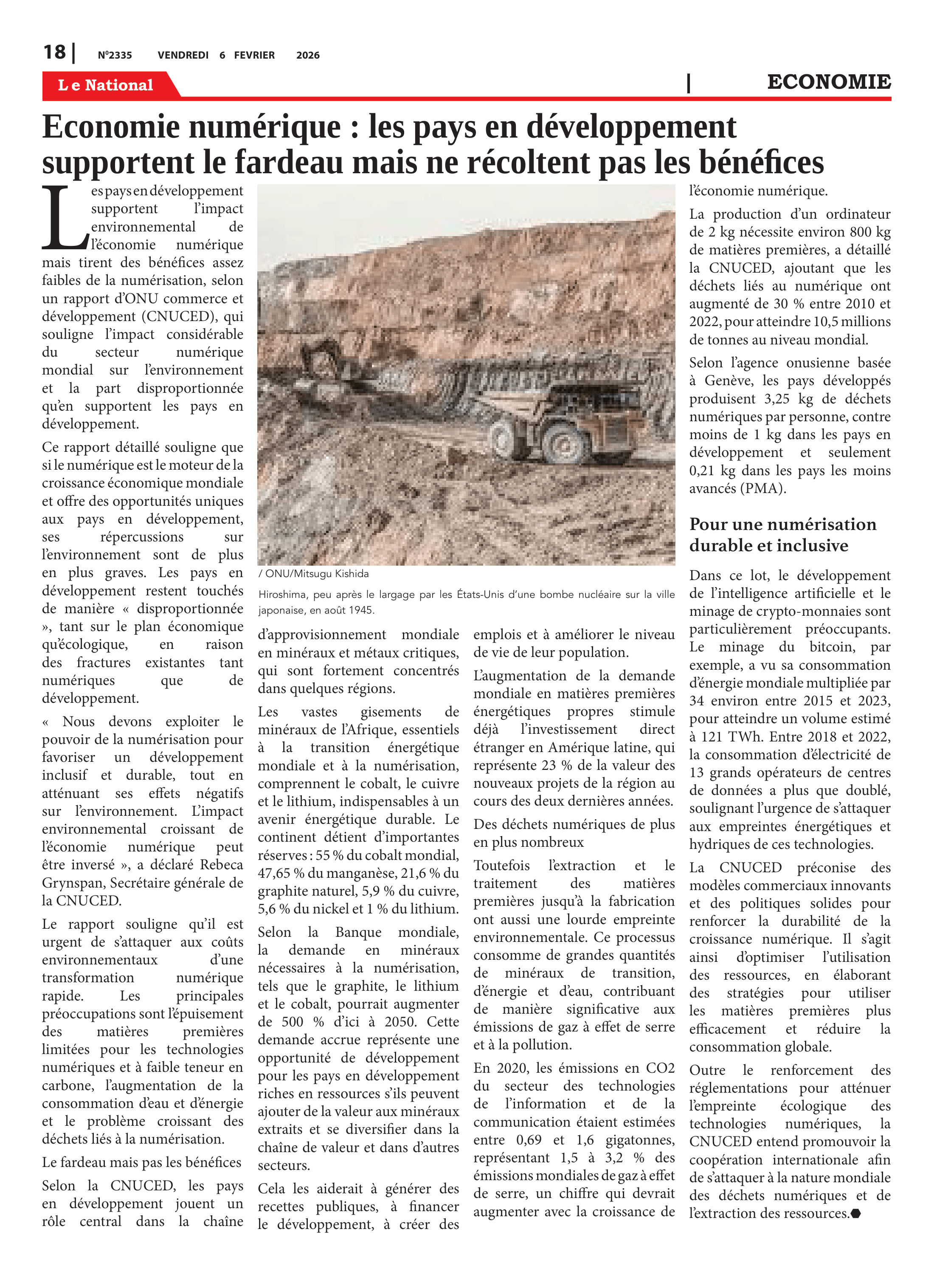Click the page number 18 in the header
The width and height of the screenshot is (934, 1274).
pos(54,53)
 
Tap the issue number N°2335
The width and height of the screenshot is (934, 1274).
pos(115,55)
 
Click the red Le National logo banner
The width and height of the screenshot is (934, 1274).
pos(106,85)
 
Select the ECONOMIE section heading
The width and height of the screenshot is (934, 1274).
pos(828,82)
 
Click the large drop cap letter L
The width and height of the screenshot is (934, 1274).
pos(63,218)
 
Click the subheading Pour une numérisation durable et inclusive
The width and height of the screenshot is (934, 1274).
pos(782,534)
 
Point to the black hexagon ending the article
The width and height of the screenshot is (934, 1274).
pos(856,1213)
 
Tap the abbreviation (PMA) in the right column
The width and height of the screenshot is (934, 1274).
pos(762,488)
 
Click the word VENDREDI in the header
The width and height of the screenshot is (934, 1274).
pos(183,55)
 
